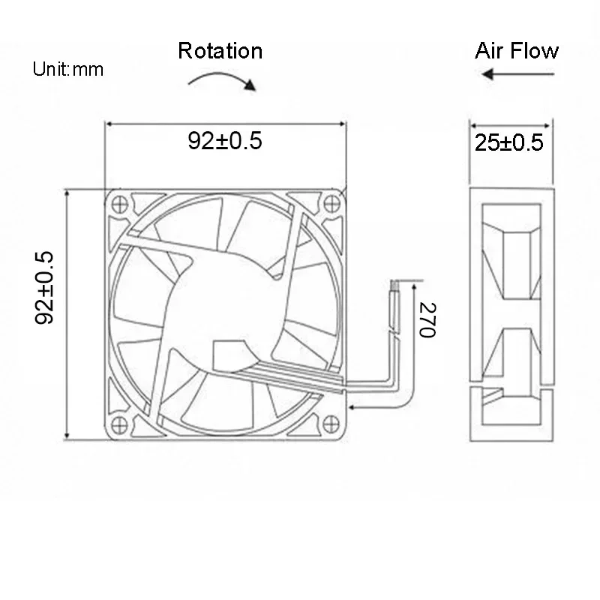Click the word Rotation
coord(220,51)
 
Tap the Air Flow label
coord(517,51)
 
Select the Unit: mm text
coord(68,70)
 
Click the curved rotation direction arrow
coord(222,79)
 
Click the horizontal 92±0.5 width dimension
coord(225,141)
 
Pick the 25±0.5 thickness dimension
coord(509,142)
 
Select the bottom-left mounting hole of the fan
coord(118,422)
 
